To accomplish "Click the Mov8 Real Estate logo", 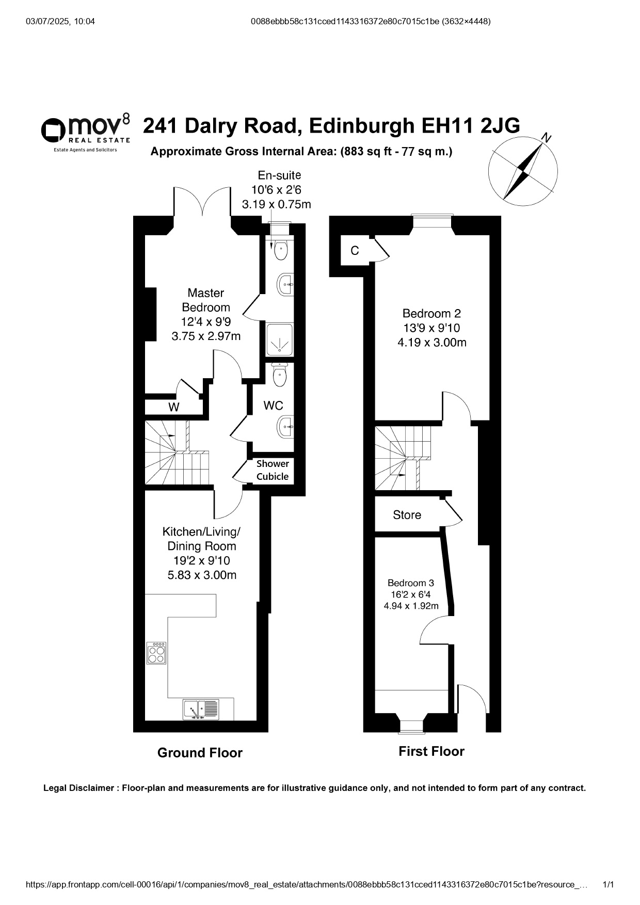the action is point(86,133).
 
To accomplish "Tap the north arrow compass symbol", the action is point(523,168).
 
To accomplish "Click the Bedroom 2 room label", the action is point(431,313).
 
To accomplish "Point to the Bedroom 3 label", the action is point(411,583).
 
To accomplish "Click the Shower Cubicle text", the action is point(273,470).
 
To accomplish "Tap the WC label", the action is point(273,406).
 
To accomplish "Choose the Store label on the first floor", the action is point(407,515).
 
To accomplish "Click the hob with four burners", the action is point(157,653).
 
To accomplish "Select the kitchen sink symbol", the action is point(201,709).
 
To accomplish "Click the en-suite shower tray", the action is point(280,340).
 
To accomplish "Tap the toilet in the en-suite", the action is point(280,250).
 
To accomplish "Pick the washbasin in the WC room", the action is point(285,427).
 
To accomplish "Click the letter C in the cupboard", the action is point(355,251).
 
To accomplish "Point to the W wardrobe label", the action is point(174,407).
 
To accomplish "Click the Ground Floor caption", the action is point(200,753).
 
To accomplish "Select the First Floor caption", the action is point(431,751).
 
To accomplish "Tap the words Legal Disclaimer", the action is point(78,788).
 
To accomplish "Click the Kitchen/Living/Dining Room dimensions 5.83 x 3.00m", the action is point(202,575).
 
